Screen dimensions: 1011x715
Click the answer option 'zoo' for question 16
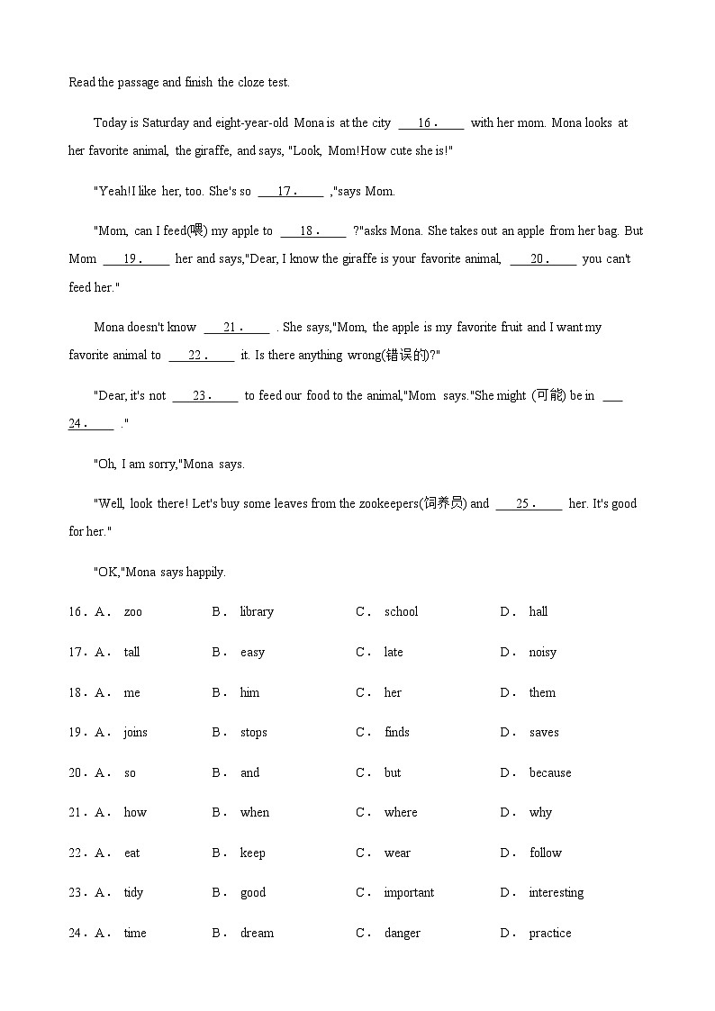[x=132, y=612]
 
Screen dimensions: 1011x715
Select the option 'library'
[x=257, y=612]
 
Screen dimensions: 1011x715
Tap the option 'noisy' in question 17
[x=542, y=653]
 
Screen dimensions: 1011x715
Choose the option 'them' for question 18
[x=542, y=692]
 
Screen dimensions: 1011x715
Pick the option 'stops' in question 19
[x=253, y=733]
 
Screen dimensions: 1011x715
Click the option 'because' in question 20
[x=549, y=772]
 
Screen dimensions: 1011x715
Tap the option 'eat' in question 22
[x=131, y=853]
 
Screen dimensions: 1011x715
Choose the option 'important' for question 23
[x=409, y=893]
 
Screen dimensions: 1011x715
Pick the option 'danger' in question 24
[x=402, y=934]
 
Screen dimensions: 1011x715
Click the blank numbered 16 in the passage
[x=430, y=123]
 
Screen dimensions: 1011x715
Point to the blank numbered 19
[x=136, y=259]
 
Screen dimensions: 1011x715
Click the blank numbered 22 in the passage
[x=201, y=356]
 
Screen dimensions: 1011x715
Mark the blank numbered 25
[x=529, y=504]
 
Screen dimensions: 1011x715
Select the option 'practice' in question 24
[x=549, y=934]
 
